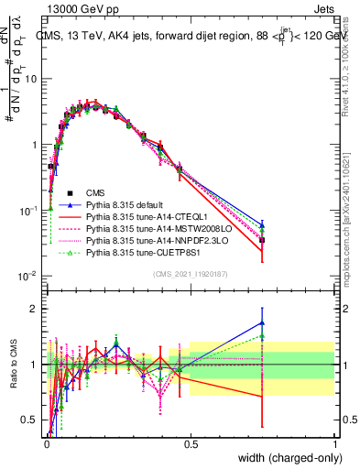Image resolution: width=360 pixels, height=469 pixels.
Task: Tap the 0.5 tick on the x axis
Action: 190,444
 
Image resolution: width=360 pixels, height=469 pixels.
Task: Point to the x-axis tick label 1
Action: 334,444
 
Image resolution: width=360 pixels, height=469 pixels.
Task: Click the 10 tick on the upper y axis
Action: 31,79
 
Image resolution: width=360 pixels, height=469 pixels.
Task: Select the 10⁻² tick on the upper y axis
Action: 27,277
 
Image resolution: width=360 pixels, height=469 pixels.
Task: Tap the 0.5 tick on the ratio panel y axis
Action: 29,420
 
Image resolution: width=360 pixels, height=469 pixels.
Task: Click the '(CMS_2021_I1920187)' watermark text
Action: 190,274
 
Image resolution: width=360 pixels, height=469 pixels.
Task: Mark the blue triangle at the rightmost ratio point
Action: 262,322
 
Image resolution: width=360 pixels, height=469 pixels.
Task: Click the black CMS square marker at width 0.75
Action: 262,240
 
